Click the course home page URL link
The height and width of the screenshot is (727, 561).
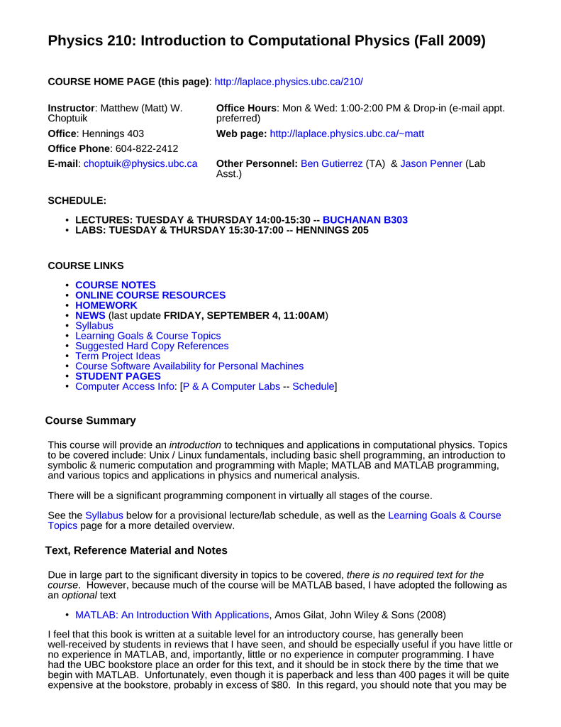point(288,82)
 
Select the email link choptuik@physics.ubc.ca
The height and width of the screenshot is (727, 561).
point(140,164)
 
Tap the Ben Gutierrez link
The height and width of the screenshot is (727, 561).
point(331,164)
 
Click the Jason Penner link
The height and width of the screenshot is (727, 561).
point(431,164)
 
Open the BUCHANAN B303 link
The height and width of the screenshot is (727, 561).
point(365,220)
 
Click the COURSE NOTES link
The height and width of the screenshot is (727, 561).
point(115,285)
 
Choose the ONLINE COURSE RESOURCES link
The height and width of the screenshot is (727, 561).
point(150,295)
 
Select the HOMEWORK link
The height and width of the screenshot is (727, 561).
point(106,305)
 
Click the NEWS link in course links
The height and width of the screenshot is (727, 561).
point(90,315)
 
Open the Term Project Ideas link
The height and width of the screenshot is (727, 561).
point(118,356)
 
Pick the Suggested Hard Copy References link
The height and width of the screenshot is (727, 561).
point(152,346)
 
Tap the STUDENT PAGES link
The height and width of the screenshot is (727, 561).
point(118,376)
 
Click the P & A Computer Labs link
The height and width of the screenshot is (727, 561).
point(231,386)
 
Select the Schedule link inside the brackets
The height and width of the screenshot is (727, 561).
point(313,386)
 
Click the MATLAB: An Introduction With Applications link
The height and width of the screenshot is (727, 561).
point(172,615)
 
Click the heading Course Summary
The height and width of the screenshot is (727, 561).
point(90,420)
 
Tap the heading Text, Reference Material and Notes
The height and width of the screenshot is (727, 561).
point(136,550)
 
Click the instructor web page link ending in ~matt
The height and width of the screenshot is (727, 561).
point(348,133)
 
